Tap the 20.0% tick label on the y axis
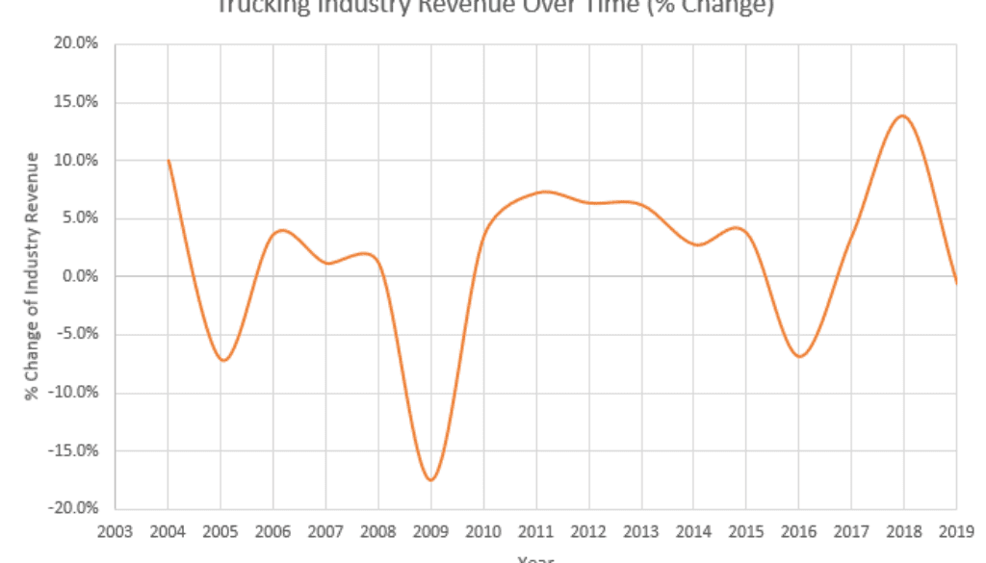pos(78,44)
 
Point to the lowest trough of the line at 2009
pos(430,479)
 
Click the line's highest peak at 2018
pos(902,116)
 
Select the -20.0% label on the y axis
pos(76,508)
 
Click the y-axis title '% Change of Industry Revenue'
pos(34,276)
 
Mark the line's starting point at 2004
pos(169,161)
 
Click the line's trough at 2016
pos(799,356)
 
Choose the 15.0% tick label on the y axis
pos(78,102)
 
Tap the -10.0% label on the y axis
pos(76,393)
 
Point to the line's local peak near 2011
pos(544,192)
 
